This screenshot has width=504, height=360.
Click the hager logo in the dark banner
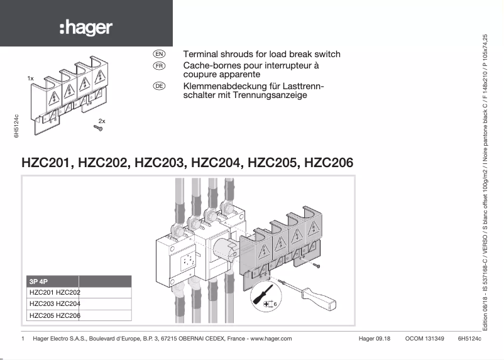[x=86, y=28]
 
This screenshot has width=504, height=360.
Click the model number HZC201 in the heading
[x=47, y=163]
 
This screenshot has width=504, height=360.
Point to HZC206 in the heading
[x=329, y=163]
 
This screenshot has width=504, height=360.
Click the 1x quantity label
[x=30, y=79]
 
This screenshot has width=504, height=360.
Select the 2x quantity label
[x=102, y=120]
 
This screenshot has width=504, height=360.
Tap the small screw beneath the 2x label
[x=98, y=129]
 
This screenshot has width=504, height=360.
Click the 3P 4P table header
[x=39, y=281]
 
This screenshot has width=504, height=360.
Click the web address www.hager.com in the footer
[x=271, y=339]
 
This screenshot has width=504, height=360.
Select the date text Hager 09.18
[x=375, y=339]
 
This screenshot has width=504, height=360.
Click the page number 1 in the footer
[x=23, y=339]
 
